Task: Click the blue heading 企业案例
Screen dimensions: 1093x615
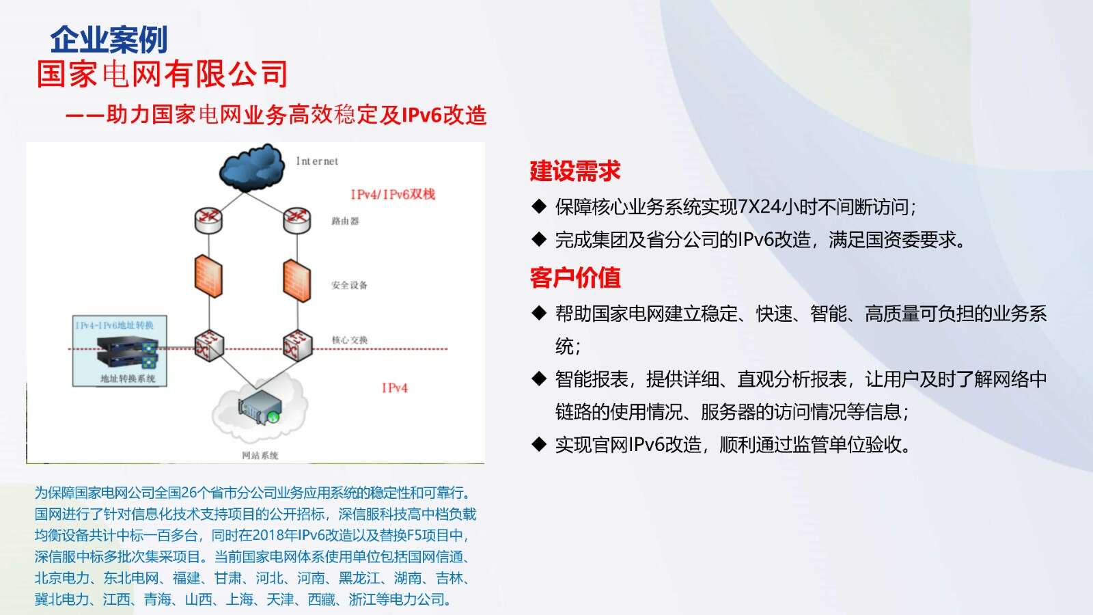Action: pos(109,40)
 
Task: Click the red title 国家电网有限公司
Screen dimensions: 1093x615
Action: pos(162,74)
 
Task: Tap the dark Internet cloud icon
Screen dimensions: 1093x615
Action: pos(252,167)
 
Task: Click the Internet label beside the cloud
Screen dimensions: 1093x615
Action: pos(317,161)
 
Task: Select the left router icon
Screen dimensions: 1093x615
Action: pos(208,221)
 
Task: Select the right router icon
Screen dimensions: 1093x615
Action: pos(297,221)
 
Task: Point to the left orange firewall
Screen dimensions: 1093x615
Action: pos(208,276)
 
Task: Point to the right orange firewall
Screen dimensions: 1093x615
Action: pos(296,281)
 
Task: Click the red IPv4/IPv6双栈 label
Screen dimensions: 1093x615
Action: pos(393,194)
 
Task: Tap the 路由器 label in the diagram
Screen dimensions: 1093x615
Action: pos(345,221)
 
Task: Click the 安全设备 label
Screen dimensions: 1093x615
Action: pos(349,285)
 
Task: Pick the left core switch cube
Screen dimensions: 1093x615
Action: pos(209,346)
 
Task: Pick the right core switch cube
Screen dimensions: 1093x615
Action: pos(298,346)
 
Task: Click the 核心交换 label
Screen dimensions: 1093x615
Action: pos(350,340)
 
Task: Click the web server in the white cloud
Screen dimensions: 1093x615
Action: pos(260,407)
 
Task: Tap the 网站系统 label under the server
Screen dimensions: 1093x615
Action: pos(260,455)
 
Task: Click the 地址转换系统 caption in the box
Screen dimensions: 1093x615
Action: pos(128,379)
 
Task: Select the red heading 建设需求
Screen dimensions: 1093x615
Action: pos(575,171)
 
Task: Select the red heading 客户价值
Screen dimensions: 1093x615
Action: pos(575,277)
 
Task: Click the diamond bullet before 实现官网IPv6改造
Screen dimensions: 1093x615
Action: pos(539,444)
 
